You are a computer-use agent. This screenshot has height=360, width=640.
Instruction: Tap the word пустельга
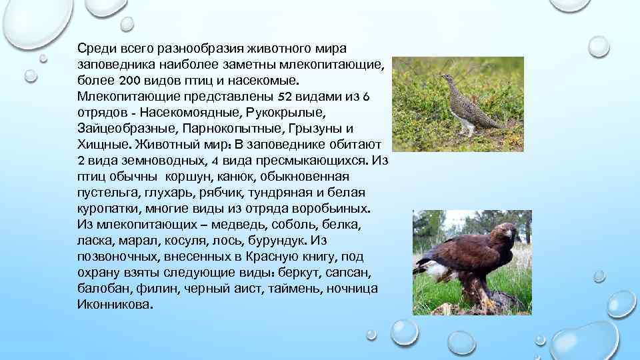(107, 192)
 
